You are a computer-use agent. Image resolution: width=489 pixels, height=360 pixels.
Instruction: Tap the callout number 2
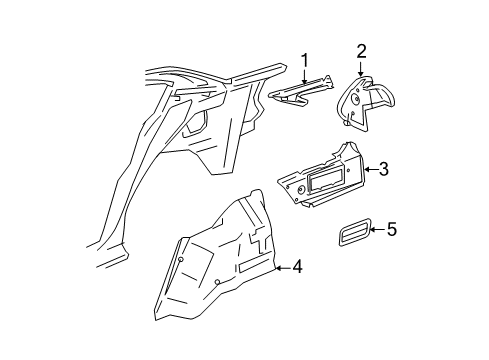point(362,52)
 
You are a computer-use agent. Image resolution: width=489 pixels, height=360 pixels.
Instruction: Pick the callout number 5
point(392,231)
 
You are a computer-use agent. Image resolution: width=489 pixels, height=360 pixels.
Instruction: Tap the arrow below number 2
point(362,69)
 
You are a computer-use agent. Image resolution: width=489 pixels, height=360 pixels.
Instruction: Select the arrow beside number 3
point(370,171)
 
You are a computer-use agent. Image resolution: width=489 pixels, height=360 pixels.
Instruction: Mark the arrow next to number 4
point(282,267)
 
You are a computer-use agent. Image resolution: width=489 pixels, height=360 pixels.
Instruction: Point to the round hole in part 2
point(354,95)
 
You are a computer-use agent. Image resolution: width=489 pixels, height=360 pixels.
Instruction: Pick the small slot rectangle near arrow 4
point(251,269)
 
